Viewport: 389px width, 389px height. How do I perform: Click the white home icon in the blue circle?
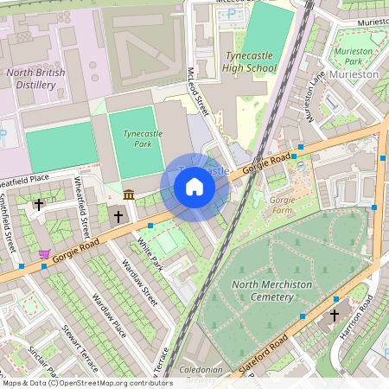tap(194, 187)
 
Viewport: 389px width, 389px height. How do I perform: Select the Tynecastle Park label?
tap(137, 140)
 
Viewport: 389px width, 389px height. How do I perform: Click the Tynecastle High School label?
tap(247, 61)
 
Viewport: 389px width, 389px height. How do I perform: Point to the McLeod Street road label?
tap(199, 93)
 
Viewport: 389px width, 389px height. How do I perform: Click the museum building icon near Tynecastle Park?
tap(129, 194)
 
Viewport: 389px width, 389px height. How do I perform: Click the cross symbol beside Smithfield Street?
tap(39, 205)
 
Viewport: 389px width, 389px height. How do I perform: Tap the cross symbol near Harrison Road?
tap(335, 316)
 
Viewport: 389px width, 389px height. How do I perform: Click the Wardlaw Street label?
tap(139, 284)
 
